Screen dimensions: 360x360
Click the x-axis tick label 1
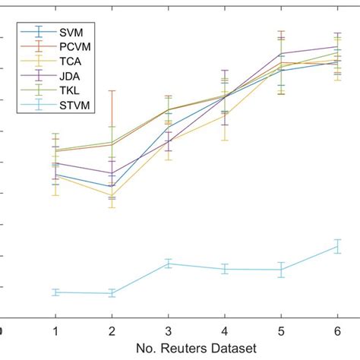point(55,331)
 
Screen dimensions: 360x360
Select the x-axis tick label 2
point(112,331)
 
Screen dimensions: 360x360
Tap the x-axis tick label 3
point(168,331)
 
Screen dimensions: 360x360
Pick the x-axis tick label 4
point(224,331)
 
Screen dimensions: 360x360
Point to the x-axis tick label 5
point(281,331)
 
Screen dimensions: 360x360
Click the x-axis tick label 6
point(337,331)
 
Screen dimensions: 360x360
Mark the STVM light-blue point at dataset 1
point(55,292)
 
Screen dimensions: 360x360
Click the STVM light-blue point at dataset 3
point(168,264)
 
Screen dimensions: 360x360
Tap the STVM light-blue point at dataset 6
point(337,245)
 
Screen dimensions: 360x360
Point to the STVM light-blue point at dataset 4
point(224,269)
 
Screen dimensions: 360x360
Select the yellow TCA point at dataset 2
point(112,195)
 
